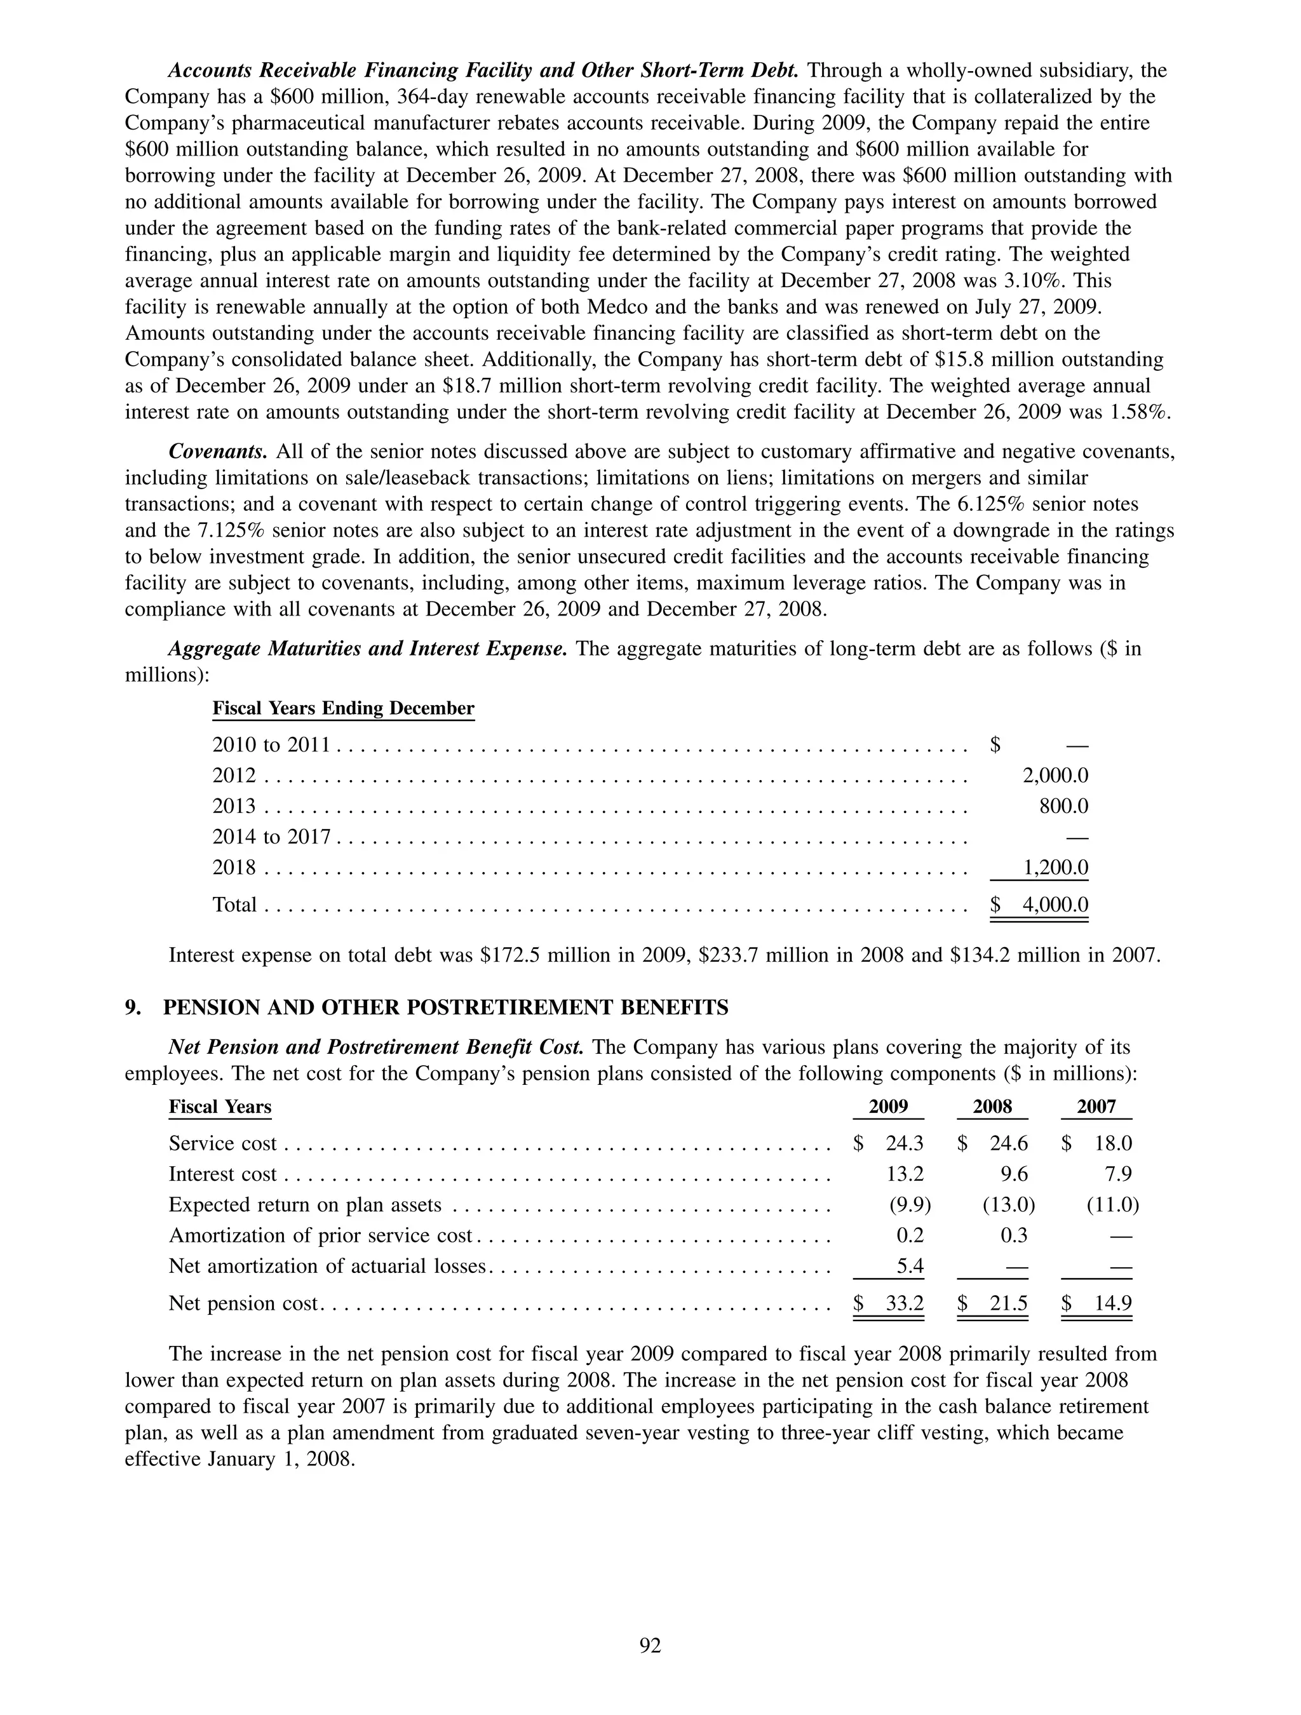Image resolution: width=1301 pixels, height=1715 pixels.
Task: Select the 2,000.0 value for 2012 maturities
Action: (x=1055, y=776)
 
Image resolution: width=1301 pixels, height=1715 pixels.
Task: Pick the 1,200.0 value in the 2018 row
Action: (x=1055, y=867)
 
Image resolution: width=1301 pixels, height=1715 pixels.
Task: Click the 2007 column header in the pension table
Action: (x=1096, y=1106)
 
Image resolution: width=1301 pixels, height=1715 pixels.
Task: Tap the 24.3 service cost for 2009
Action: (x=904, y=1143)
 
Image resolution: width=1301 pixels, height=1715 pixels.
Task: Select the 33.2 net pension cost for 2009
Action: (x=904, y=1303)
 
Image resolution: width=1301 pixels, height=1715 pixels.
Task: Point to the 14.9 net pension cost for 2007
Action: (x=1112, y=1303)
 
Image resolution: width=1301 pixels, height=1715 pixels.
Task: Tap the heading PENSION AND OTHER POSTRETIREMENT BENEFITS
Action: (x=445, y=1007)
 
